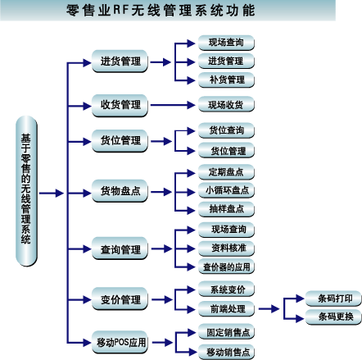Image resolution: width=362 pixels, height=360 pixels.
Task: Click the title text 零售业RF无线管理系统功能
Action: point(161,11)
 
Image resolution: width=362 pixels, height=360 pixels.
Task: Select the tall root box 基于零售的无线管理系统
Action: point(26,191)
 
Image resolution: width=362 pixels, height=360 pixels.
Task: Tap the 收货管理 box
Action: point(120,106)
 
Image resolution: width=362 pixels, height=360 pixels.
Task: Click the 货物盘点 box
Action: point(120,191)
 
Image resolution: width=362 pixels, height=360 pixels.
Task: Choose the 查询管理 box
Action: point(120,248)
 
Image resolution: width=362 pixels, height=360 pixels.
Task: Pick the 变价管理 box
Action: point(120,298)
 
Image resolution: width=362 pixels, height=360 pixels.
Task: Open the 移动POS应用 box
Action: point(120,342)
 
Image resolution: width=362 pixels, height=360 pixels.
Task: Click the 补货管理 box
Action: point(226,80)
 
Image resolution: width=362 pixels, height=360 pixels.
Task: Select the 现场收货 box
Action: point(226,104)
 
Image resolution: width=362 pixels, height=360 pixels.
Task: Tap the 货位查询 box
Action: point(226,130)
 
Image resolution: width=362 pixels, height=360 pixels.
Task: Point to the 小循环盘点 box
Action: point(226,190)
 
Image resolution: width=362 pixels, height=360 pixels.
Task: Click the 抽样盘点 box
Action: point(226,209)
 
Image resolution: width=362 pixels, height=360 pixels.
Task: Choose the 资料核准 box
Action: point(226,248)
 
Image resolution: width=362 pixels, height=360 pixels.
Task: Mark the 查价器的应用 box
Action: point(226,267)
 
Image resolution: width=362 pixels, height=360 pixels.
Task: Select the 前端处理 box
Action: point(226,309)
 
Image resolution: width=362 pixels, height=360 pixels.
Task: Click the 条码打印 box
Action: point(333,298)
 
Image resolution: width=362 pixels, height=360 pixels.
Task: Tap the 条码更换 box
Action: point(333,317)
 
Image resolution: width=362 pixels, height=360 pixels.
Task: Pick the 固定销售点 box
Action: point(226,332)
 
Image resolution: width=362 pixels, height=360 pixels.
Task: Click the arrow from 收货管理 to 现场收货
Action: point(173,105)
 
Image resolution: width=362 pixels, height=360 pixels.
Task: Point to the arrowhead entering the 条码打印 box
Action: point(300,298)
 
